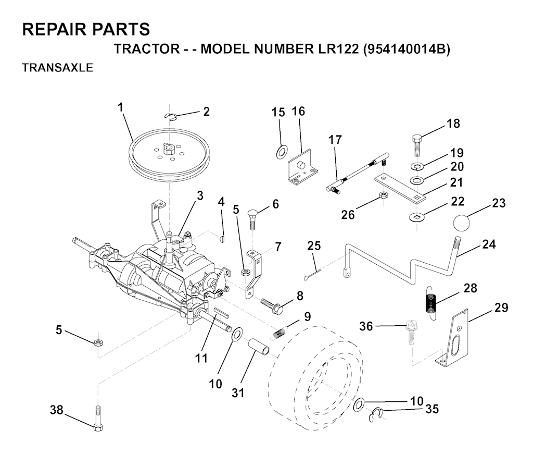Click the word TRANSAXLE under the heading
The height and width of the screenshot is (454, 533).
click(x=57, y=68)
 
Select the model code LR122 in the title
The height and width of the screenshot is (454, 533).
click(x=337, y=49)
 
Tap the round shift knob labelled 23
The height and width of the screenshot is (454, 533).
click(x=462, y=223)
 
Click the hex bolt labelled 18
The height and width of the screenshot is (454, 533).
click(x=418, y=145)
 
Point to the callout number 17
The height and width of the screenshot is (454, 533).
click(x=335, y=140)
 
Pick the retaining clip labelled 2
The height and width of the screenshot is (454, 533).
click(x=171, y=117)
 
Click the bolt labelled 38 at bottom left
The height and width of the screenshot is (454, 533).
click(x=98, y=418)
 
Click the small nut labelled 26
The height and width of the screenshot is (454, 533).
click(x=384, y=195)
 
